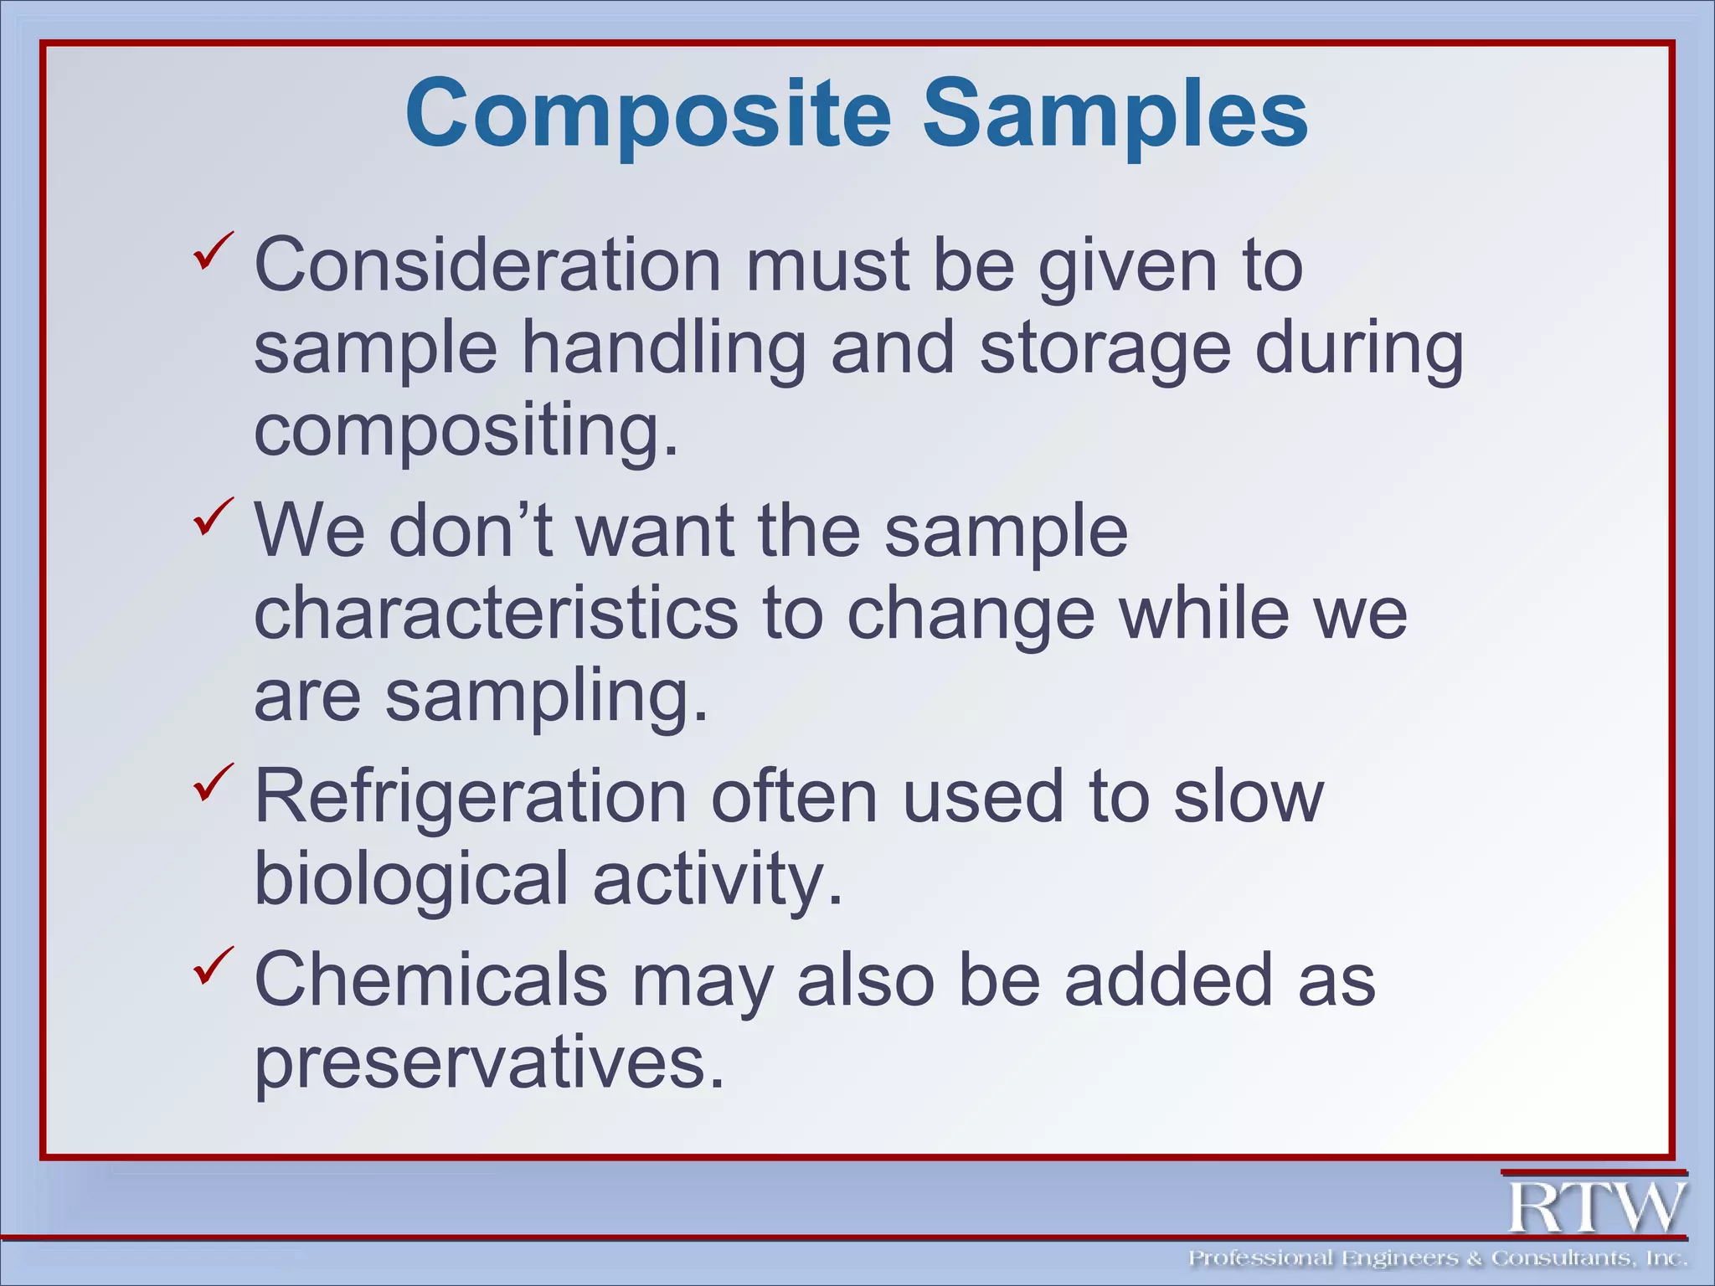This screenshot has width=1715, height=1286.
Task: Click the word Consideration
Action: [487, 265]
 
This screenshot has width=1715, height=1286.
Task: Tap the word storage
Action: [1105, 349]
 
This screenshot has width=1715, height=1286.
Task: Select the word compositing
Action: [466, 431]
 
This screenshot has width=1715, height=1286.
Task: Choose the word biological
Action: [411, 879]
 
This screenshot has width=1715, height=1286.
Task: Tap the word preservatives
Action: [488, 1062]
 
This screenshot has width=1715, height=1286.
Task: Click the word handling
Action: [663, 349]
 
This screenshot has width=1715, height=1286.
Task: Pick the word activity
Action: [717, 879]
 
